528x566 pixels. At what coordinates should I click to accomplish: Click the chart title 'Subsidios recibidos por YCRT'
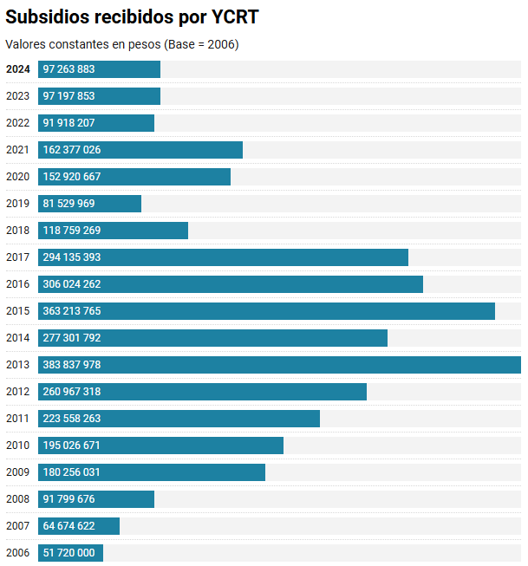click(132, 17)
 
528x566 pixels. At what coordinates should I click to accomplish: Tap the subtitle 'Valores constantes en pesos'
click(121, 44)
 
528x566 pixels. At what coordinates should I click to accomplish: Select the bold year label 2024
click(17, 69)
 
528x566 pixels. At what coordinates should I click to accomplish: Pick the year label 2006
click(17, 553)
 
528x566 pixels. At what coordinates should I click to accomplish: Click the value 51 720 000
click(68, 553)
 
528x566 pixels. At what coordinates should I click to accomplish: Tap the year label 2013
click(17, 365)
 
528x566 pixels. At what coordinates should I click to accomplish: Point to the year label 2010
click(17, 446)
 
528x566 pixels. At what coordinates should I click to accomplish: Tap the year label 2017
click(17, 257)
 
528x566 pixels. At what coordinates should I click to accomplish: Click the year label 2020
click(17, 177)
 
